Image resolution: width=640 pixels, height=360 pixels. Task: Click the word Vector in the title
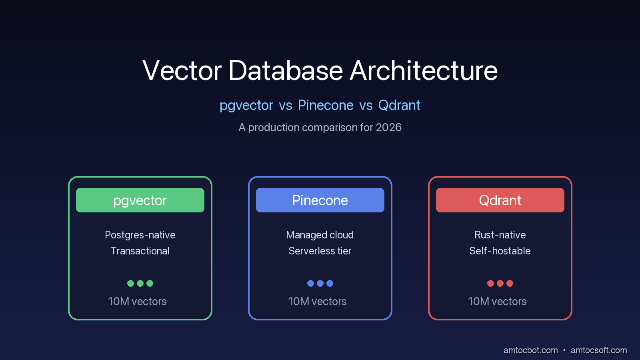(x=182, y=70)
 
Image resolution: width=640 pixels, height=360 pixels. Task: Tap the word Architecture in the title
(x=424, y=70)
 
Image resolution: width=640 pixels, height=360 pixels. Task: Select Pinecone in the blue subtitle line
(x=326, y=105)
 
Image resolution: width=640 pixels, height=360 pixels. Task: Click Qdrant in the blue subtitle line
(x=399, y=105)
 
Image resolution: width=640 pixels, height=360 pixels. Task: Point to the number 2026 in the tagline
(x=388, y=128)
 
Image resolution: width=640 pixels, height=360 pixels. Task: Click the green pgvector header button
(x=140, y=200)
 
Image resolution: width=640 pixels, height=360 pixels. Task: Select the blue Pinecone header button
(x=320, y=200)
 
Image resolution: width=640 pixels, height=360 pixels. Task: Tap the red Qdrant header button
(x=500, y=200)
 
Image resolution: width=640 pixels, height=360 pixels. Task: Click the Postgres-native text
(x=140, y=235)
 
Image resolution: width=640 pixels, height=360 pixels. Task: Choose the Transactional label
(x=140, y=251)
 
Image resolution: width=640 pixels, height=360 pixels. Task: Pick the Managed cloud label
(x=320, y=235)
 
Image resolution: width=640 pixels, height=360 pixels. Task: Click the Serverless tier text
(x=320, y=251)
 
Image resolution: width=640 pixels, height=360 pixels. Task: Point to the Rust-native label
(x=500, y=235)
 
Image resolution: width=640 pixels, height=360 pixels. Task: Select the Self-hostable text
(x=500, y=251)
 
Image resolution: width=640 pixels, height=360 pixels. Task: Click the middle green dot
(x=140, y=284)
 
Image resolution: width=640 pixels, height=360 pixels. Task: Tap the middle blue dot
(x=320, y=284)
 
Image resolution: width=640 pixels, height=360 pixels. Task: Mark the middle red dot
(x=500, y=284)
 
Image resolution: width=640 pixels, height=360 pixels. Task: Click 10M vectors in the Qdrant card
(x=497, y=302)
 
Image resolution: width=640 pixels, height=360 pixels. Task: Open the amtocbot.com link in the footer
(x=530, y=350)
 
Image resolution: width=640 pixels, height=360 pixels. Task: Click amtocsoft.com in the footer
(x=599, y=350)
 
